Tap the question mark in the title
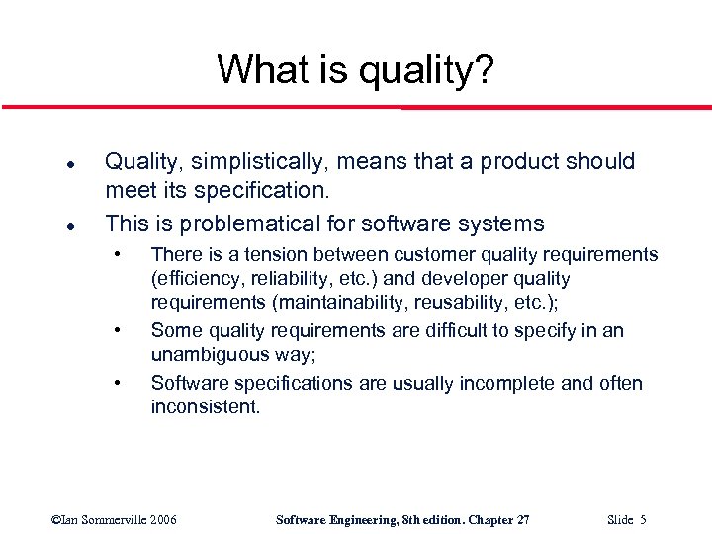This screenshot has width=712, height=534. coord(484,69)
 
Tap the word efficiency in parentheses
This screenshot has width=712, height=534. coord(198,280)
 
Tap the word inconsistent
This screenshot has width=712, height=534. coord(205,407)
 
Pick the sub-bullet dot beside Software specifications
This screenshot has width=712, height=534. coord(119,382)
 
